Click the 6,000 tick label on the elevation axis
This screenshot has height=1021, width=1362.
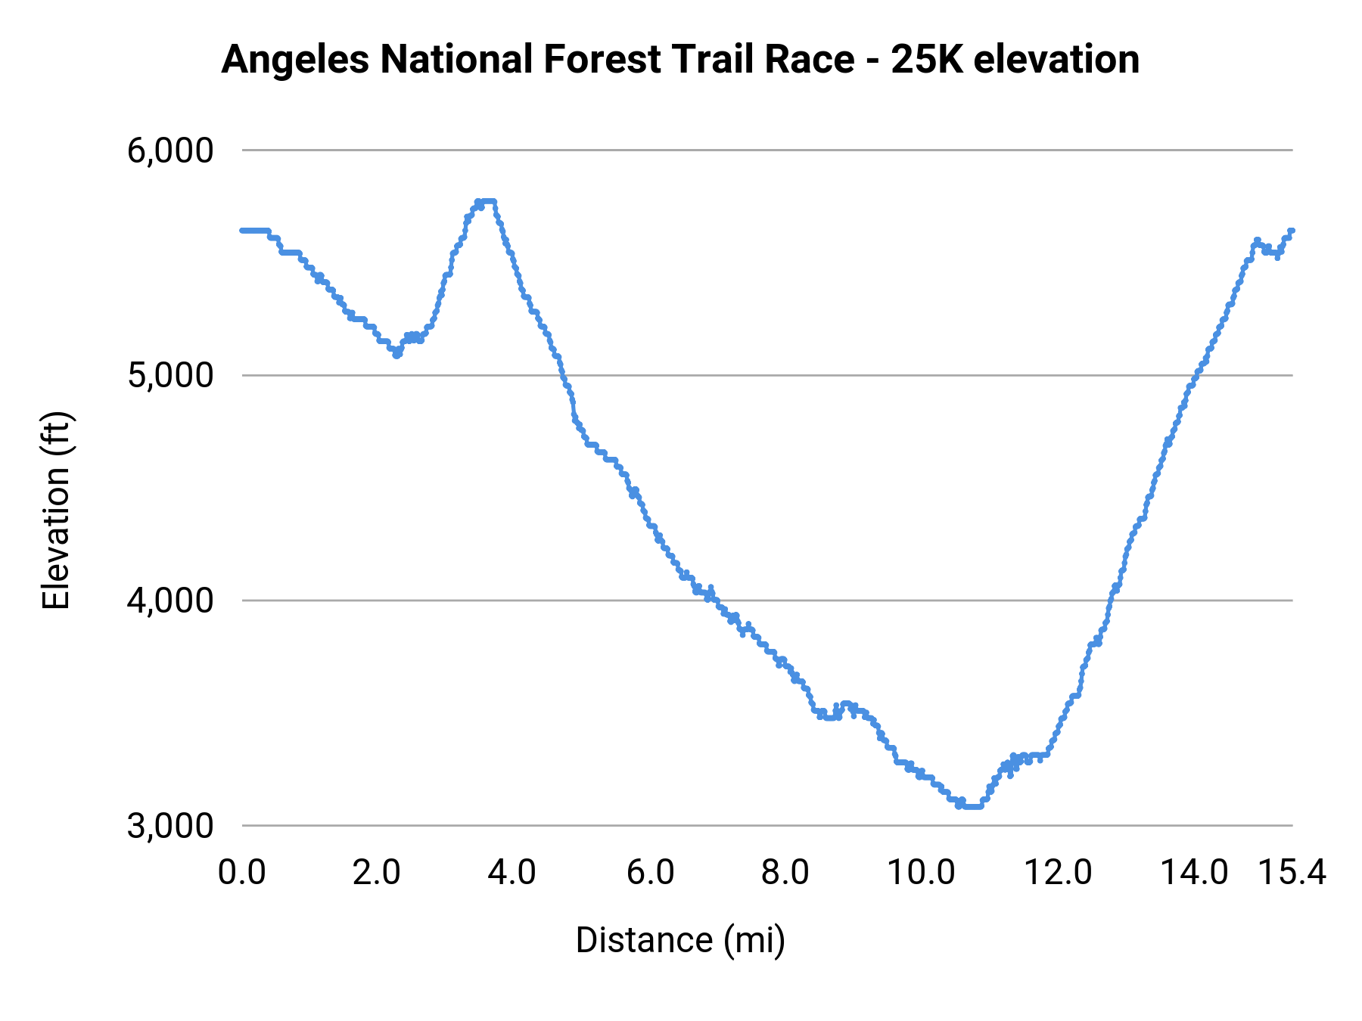(170, 151)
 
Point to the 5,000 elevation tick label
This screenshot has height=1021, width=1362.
(170, 375)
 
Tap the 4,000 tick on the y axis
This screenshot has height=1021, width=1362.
(170, 600)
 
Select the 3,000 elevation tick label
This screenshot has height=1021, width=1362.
(170, 825)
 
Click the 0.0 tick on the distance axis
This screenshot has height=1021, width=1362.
(242, 873)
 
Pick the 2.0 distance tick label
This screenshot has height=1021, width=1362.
(377, 873)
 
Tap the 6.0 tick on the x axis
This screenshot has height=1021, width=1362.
(650, 873)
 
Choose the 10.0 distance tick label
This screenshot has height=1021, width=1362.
(921, 873)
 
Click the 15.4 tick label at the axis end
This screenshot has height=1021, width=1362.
(1292, 873)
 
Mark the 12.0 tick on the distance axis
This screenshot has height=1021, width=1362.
(1058, 873)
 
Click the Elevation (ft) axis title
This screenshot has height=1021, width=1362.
(56, 510)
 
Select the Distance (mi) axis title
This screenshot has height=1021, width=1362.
(680, 940)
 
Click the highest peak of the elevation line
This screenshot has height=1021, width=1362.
(486, 201)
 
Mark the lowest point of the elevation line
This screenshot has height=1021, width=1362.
(970, 806)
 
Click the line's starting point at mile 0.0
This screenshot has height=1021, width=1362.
(243, 230)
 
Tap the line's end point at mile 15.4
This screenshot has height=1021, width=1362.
(1292, 230)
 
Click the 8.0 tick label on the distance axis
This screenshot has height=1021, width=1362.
(785, 873)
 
